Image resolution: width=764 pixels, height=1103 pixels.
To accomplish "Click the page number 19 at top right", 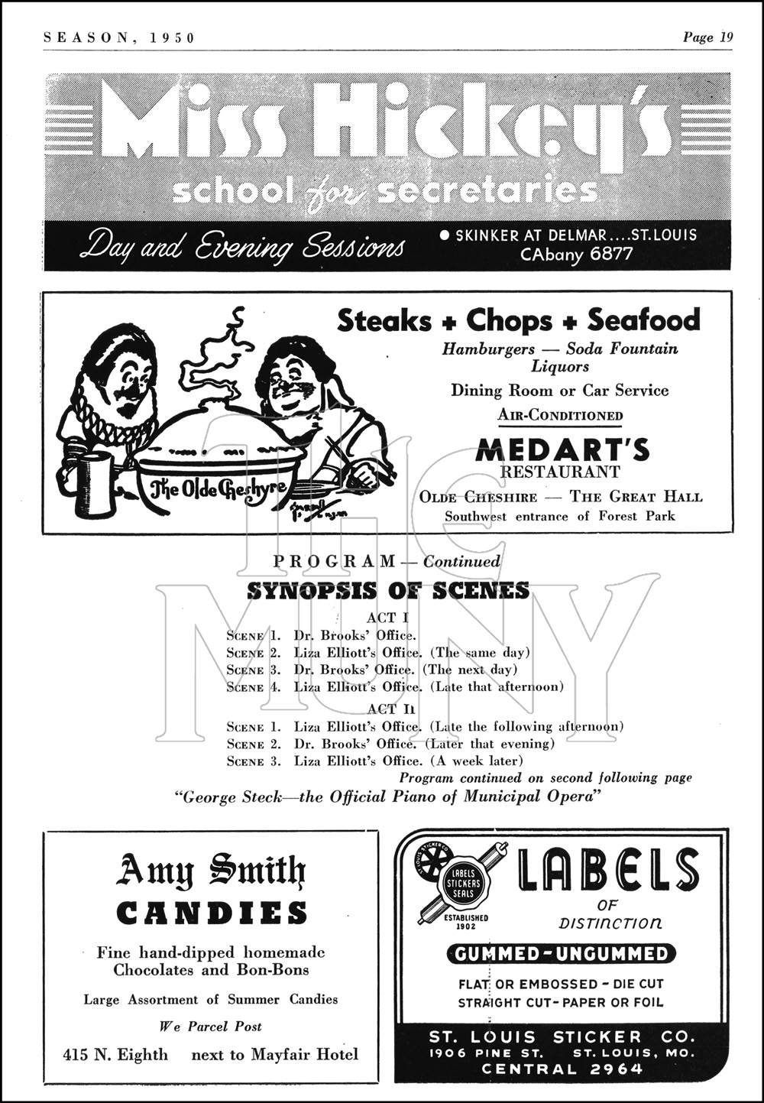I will point(724,37).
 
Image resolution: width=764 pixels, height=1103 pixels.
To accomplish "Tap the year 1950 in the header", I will point(173,37).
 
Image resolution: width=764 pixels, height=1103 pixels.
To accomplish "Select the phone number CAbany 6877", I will point(577,255).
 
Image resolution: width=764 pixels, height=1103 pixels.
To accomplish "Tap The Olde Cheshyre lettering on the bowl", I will point(219,488).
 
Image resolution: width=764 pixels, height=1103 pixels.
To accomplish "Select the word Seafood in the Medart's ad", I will point(643,320).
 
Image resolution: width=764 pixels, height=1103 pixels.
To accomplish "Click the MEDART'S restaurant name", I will point(562,450).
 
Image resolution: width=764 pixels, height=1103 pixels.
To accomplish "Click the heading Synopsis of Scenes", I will point(388,590).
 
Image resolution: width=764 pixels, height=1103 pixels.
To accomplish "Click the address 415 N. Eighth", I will point(115,1055).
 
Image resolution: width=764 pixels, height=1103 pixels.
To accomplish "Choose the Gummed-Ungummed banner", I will point(561,954).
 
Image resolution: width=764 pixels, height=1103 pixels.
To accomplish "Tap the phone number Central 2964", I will point(562,1069).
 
